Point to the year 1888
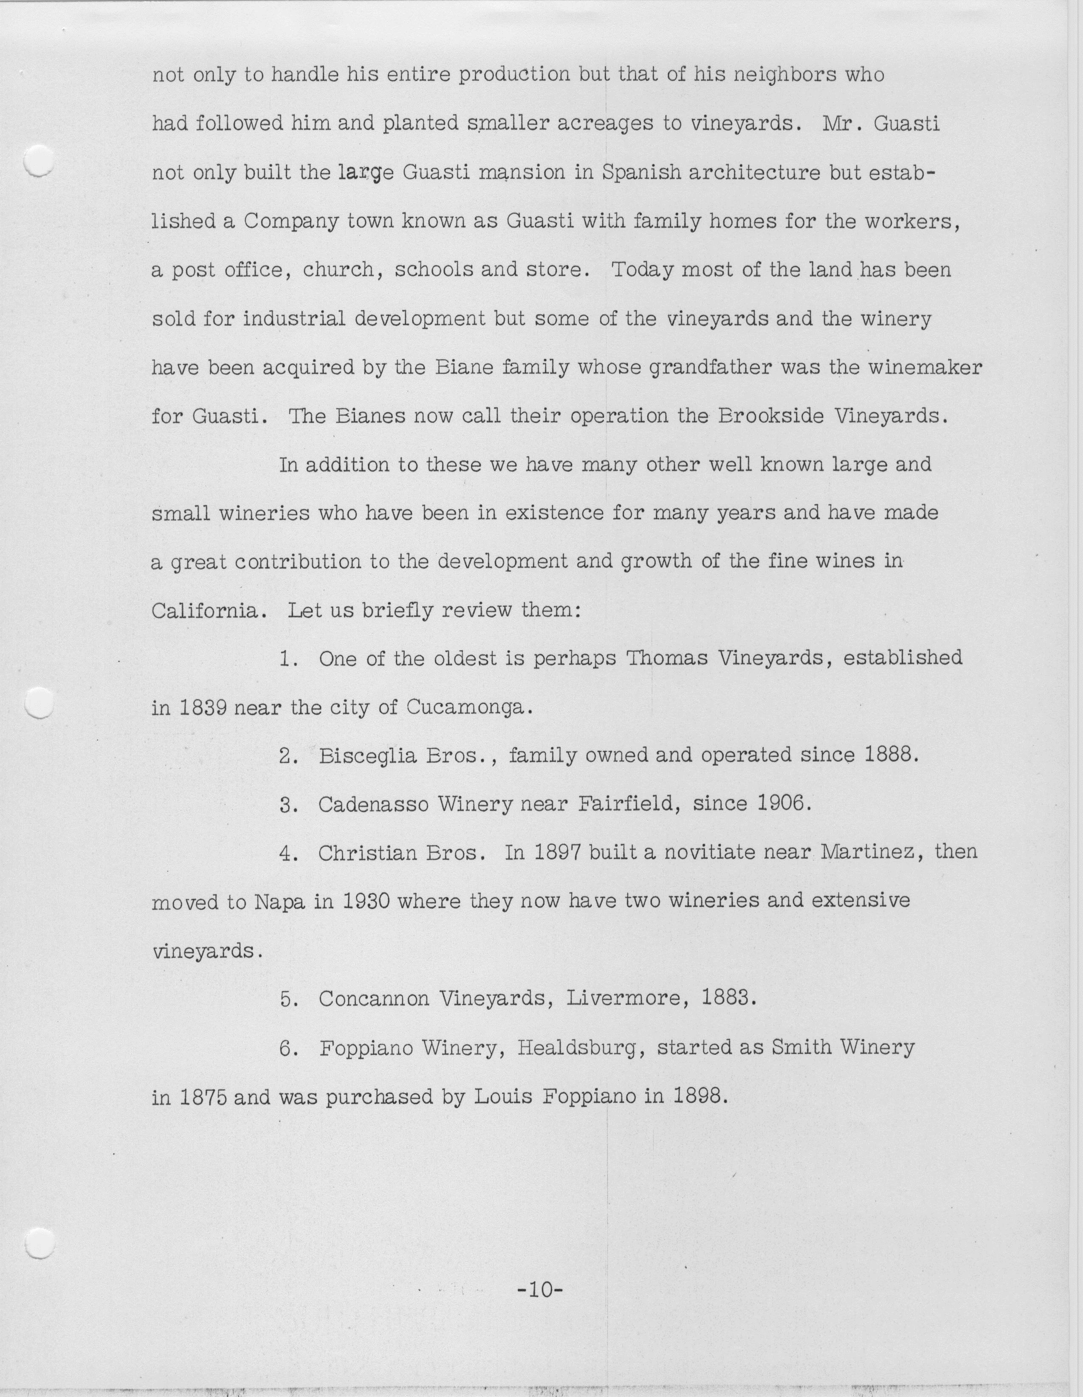tap(891, 755)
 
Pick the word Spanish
tap(641, 173)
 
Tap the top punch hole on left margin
tap(38, 160)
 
